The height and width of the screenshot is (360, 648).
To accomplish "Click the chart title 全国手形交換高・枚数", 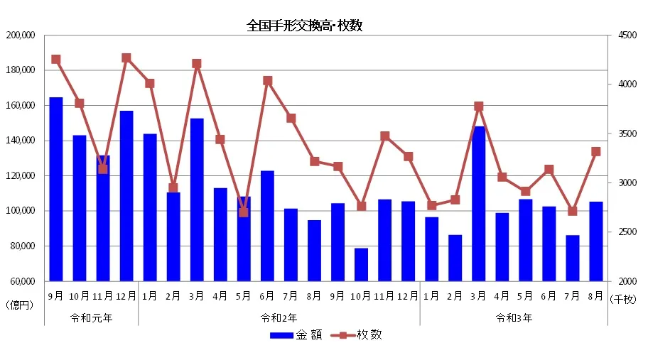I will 304,26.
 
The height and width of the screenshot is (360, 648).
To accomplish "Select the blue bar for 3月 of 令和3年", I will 479,204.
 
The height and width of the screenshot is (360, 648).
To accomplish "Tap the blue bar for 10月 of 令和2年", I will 361,264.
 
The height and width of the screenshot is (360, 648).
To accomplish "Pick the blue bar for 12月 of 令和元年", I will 126,195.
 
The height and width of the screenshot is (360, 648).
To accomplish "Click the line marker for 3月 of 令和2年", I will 197,64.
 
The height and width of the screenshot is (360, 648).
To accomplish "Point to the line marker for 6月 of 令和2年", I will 267,81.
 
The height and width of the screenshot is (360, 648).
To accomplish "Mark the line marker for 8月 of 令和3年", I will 595,151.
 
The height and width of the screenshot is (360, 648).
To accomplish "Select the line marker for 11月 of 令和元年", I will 103,169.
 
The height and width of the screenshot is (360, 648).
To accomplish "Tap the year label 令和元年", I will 91,318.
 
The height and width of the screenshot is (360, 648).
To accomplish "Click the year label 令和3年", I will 514,318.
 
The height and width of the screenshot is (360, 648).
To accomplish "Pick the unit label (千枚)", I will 623,299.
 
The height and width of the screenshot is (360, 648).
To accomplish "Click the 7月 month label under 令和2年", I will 291,295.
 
